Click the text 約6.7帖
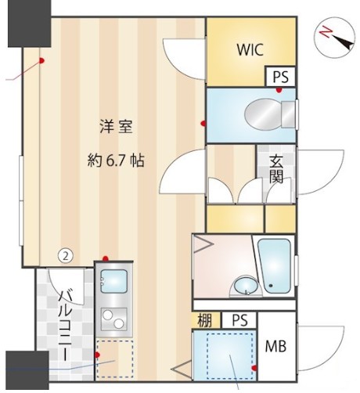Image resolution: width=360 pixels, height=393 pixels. (115, 160)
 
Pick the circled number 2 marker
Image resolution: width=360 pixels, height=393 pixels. (67, 255)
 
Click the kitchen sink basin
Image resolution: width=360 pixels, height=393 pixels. (114, 279)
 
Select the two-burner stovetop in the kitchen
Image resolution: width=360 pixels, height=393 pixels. (114, 319)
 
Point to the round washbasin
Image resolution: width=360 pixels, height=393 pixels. (243, 284)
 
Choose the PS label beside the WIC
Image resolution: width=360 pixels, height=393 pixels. (280, 78)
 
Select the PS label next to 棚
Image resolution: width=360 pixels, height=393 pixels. (239, 319)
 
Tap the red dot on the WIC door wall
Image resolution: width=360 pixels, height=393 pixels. (203, 123)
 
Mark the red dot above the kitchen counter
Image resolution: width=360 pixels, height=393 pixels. (105, 258)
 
